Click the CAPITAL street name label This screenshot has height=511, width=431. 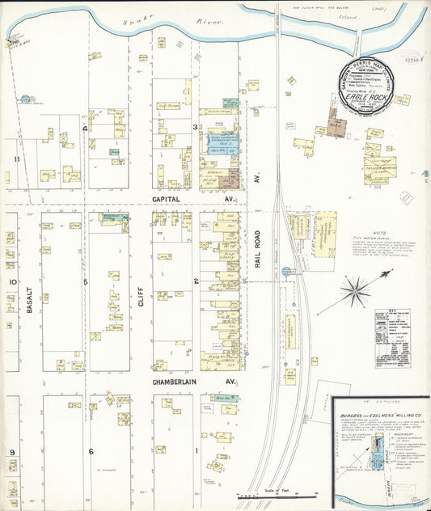[x=170, y=197]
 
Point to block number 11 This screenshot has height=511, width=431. [x=16, y=159]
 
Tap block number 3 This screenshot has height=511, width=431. [x=194, y=128]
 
